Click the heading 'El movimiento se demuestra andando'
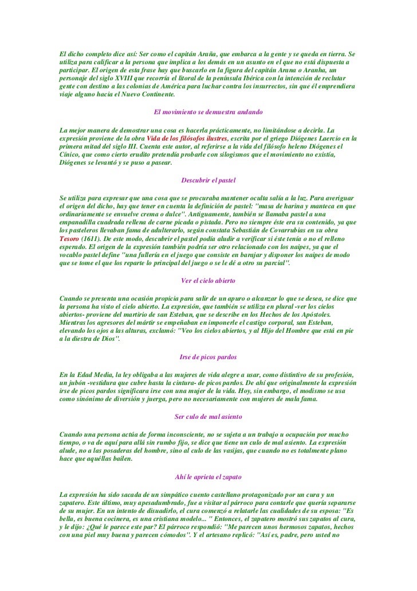pos(208,111)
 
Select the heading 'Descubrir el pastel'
pos(208,180)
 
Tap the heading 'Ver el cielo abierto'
pos(208,281)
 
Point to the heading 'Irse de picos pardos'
pos(208,357)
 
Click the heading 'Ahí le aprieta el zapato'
pos(208,477)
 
